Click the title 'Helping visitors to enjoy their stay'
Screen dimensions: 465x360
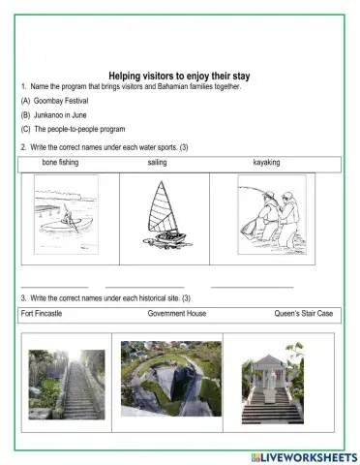point(179,75)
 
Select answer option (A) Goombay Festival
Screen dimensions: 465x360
point(54,100)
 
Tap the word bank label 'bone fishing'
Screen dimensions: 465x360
point(60,163)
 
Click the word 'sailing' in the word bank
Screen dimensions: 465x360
point(157,163)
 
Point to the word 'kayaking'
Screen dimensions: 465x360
point(266,163)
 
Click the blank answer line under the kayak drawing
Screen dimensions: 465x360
point(54,287)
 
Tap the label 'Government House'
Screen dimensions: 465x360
point(176,314)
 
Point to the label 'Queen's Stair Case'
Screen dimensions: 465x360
point(304,314)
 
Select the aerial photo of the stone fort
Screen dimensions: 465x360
point(170,378)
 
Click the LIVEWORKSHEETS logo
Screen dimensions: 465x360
point(303,455)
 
